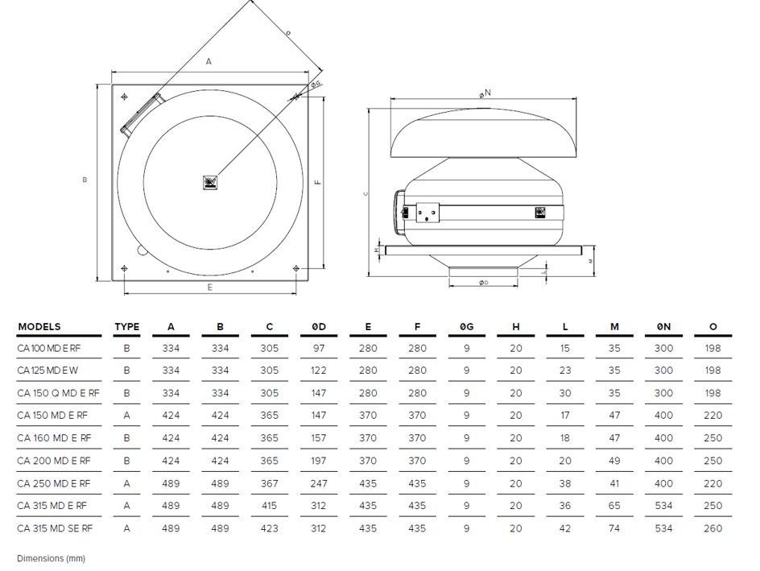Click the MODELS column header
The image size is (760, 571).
coord(39,327)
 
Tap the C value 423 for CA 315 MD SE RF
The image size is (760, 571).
coord(270,528)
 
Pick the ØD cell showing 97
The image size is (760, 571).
coord(319,349)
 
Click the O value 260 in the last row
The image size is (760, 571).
coord(712,528)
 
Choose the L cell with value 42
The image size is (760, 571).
coord(565,528)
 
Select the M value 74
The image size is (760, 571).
coord(614,528)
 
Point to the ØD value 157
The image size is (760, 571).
coord(319,438)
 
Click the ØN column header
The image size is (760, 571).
coord(663,327)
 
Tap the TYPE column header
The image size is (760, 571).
coord(126,327)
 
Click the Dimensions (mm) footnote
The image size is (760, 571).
coord(51,558)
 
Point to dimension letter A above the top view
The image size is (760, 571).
coord(209,61)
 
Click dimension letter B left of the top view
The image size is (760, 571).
coord(85,180)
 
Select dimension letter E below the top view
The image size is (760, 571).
coord(210,288)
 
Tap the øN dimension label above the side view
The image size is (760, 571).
coord(484,93)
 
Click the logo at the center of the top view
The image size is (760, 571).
coord(210,183)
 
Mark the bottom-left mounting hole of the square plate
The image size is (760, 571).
coord(124,268)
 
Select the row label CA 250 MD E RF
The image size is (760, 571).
coord(53,483)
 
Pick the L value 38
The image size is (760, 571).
coord(565,483)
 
